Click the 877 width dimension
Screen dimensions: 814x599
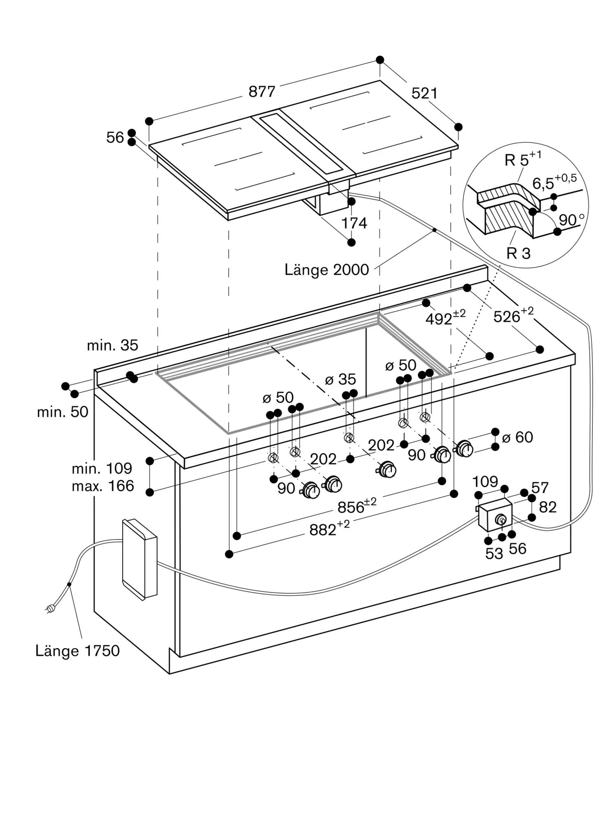[x=262, y=92]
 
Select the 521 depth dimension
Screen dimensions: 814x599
[x=424, y=94]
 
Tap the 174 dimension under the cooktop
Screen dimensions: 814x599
[x=354, y=223]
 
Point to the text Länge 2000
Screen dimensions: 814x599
[x=327, y=270]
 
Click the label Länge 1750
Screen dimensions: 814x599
[x=77, y=650]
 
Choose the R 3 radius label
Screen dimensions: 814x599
[x=518, y=253]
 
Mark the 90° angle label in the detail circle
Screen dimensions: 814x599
[x=571, y=220]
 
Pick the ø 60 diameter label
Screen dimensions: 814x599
[x=517, y=437]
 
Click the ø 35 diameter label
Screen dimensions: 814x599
[x=340, y=379]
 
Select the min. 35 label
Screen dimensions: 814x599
[x=112, y=345]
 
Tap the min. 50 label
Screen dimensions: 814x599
[x=62, y=412]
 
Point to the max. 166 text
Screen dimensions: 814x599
[x=103, y=486]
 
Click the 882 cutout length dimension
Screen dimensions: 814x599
[x=329, y=529]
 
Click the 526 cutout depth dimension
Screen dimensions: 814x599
[x=513, y=316]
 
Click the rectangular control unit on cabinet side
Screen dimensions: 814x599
[x=139, y=559]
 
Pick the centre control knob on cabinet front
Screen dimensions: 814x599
[x=387, y=470]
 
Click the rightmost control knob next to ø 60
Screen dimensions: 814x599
[x=464, y=449]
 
